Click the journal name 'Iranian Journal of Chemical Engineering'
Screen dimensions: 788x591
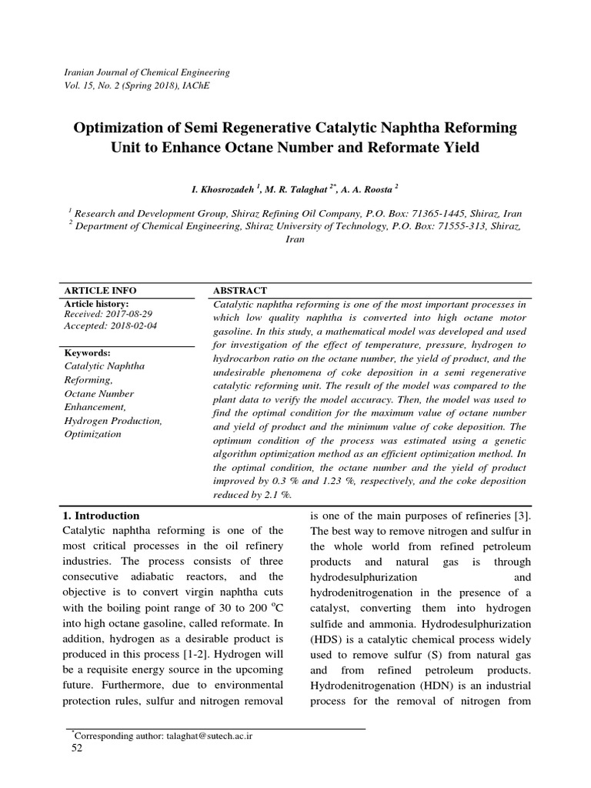pyautogui.click(x=146, y=72)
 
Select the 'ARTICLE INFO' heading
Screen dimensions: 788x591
pyautogui.click(x=99, y=290)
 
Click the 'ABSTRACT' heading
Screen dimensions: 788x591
pyautogui.click(x=239, y=290)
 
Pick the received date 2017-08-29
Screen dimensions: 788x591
pyautogui.click(x=124, y=313)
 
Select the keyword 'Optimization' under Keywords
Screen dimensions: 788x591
pyautogui.click(x=93, y=434)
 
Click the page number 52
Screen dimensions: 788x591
pyautogui.click(x=76, y=749)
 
